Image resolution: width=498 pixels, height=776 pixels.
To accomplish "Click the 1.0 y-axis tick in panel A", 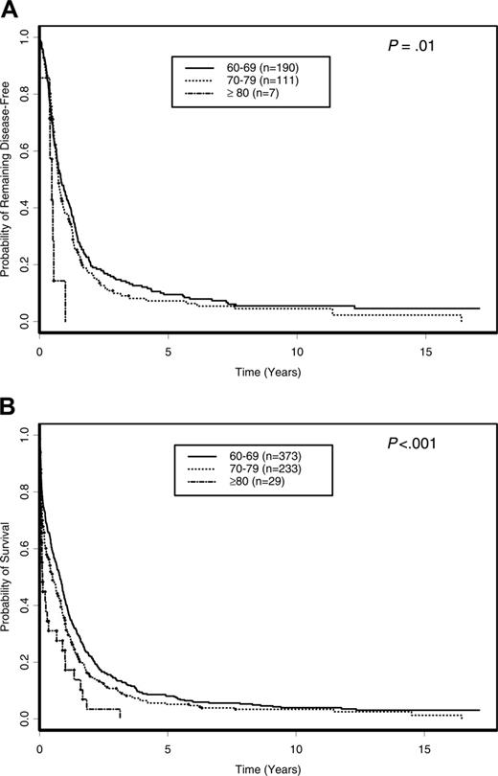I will pos(24,38).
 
